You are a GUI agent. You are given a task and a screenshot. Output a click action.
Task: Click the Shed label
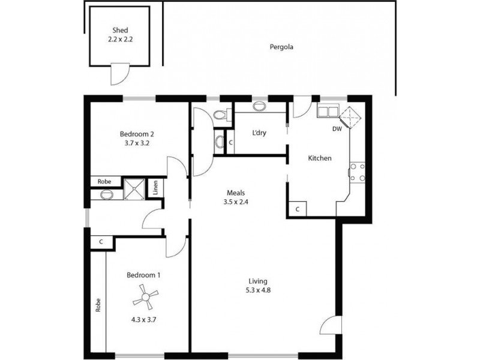pos(120,31)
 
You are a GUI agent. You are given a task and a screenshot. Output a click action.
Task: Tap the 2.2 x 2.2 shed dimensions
pos(120,40)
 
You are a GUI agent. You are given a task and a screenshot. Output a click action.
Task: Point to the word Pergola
pos(280,47)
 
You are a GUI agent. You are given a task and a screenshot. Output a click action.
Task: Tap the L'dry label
pos(259,133)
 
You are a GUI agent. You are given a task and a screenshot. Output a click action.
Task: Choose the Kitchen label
pos(320,158)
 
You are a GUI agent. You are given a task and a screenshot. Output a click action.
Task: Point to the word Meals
pos(235,193)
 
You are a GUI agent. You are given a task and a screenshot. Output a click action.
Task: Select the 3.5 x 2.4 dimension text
pos(235,202)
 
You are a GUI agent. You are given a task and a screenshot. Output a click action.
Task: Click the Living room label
pos(258,281)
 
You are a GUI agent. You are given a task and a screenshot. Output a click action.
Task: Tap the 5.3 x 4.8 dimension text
pos(258,291)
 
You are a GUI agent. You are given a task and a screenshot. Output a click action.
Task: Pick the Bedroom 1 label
pos(143,275)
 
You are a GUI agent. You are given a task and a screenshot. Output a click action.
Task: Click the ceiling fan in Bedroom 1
pos(145,296)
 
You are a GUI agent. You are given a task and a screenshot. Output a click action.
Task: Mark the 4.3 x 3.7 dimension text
pos(144,320)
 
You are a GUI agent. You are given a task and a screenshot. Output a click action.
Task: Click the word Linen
pos(155,188)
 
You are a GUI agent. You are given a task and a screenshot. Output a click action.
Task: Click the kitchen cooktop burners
pos(358,172)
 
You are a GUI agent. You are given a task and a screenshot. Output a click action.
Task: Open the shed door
pos(119,74)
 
